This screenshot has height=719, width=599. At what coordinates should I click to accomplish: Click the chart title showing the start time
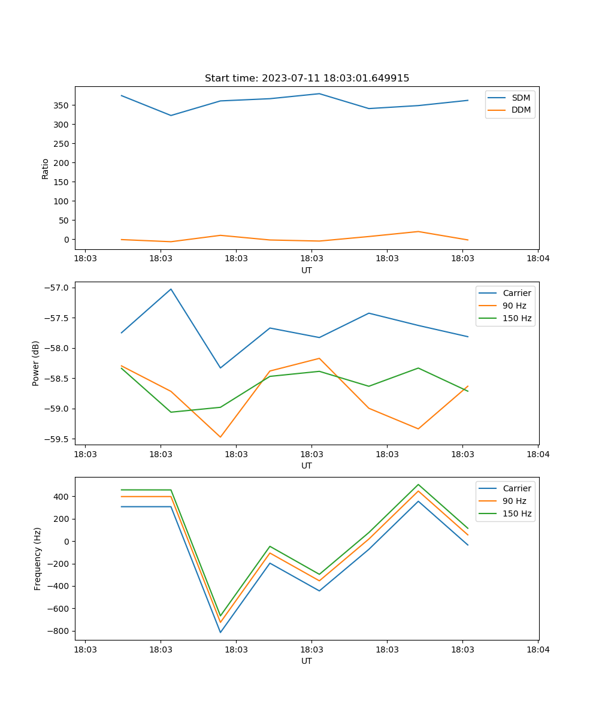[307, 78]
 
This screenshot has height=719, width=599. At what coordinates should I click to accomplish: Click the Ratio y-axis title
[46, 168]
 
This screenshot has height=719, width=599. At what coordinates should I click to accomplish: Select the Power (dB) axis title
[36, 363]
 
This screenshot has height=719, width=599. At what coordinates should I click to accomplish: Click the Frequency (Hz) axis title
[38, 558]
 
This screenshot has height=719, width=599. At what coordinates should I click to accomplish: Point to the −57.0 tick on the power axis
[57, 288]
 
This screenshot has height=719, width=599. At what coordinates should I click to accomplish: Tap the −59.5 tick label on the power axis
[57, 439]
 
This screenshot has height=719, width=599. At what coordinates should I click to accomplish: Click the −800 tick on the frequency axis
[59, 631]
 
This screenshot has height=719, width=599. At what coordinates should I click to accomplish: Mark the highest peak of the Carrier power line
[171, 289]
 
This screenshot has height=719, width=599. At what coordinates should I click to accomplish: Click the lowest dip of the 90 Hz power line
[220, 437]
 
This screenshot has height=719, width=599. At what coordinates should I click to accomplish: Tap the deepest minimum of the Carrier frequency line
[220, 632]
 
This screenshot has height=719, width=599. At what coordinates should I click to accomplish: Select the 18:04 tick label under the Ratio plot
[537, 259]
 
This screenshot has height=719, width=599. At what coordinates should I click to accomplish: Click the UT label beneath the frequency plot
[307, 661]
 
